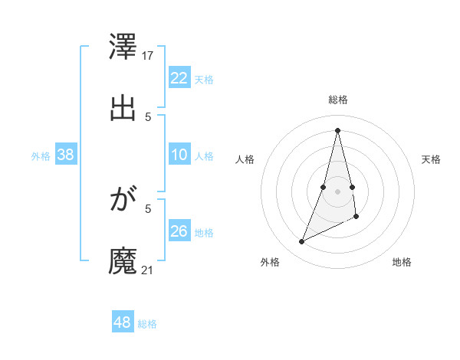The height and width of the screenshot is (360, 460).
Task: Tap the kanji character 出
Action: pos(123,108)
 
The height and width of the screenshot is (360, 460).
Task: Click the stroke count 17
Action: pos(149,55)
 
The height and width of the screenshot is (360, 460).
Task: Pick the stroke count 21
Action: pos(148,270)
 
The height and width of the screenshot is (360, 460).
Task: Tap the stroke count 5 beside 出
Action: pos(148,116)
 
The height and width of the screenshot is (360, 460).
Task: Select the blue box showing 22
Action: pos(179,78)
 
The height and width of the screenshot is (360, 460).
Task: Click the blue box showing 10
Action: pos(179,155)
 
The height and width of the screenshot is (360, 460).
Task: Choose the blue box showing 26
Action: pos(179,231)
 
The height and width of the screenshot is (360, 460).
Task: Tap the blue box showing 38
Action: pos(66,155)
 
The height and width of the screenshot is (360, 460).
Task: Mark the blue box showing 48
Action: pos(123,322)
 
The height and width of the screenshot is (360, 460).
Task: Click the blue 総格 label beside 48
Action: pos(147,324)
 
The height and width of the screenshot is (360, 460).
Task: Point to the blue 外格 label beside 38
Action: pos(41,156)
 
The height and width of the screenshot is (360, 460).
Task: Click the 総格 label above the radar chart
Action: pos(338,100)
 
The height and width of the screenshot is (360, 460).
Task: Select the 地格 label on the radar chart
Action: pos(402,262)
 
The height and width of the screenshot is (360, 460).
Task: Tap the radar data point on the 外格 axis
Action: pos(302,242)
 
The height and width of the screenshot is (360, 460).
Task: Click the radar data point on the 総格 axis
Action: pos(338,129)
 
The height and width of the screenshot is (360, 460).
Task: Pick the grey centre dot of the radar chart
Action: pos(338,191)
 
